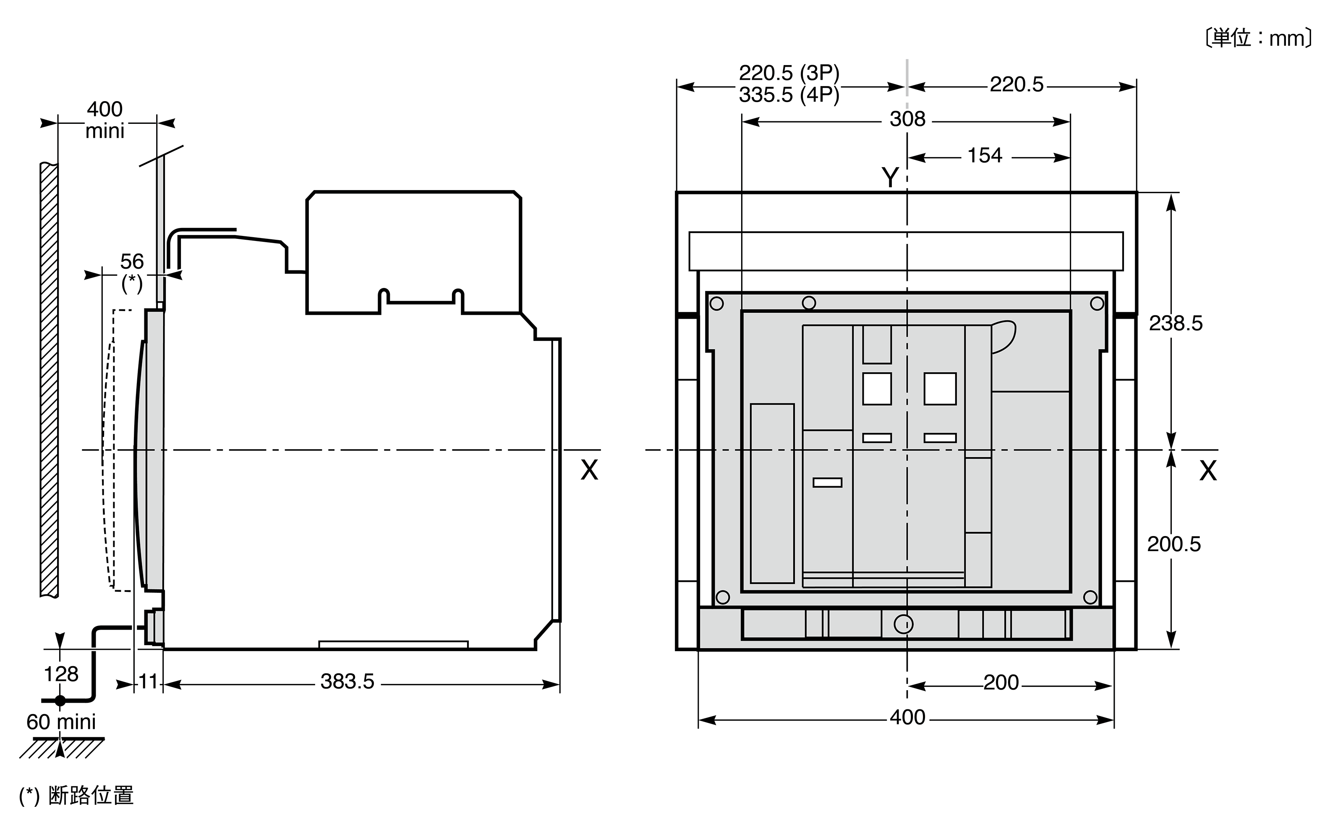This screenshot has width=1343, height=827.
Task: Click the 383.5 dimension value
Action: (x=347, y=681)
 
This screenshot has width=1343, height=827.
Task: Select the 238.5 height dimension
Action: (x=1176, y=323)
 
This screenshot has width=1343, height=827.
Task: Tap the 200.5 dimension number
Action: (x=1174, y=544)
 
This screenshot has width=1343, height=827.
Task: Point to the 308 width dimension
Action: (x=908, y=119)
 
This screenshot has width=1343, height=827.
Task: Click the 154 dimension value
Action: (x=985, y=155)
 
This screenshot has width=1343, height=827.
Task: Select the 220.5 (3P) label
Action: (x=789, y=73)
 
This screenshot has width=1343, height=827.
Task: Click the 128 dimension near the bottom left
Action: (x=61, y=674)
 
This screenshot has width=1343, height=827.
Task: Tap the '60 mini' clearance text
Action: (x=61, y=722)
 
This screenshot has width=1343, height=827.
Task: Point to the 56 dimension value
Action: (x=132, y=262)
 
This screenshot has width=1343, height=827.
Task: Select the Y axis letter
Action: (x=890, y=177)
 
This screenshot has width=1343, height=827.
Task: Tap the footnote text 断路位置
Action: (x=91, y=795)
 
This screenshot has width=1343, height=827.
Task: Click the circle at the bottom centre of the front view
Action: (x=903, y=623)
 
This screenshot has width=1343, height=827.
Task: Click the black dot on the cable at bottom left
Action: (x=60, y=700)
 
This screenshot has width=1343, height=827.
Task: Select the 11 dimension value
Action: (x=148, y=681)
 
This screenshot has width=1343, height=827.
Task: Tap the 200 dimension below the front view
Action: (x=1001, y=683)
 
